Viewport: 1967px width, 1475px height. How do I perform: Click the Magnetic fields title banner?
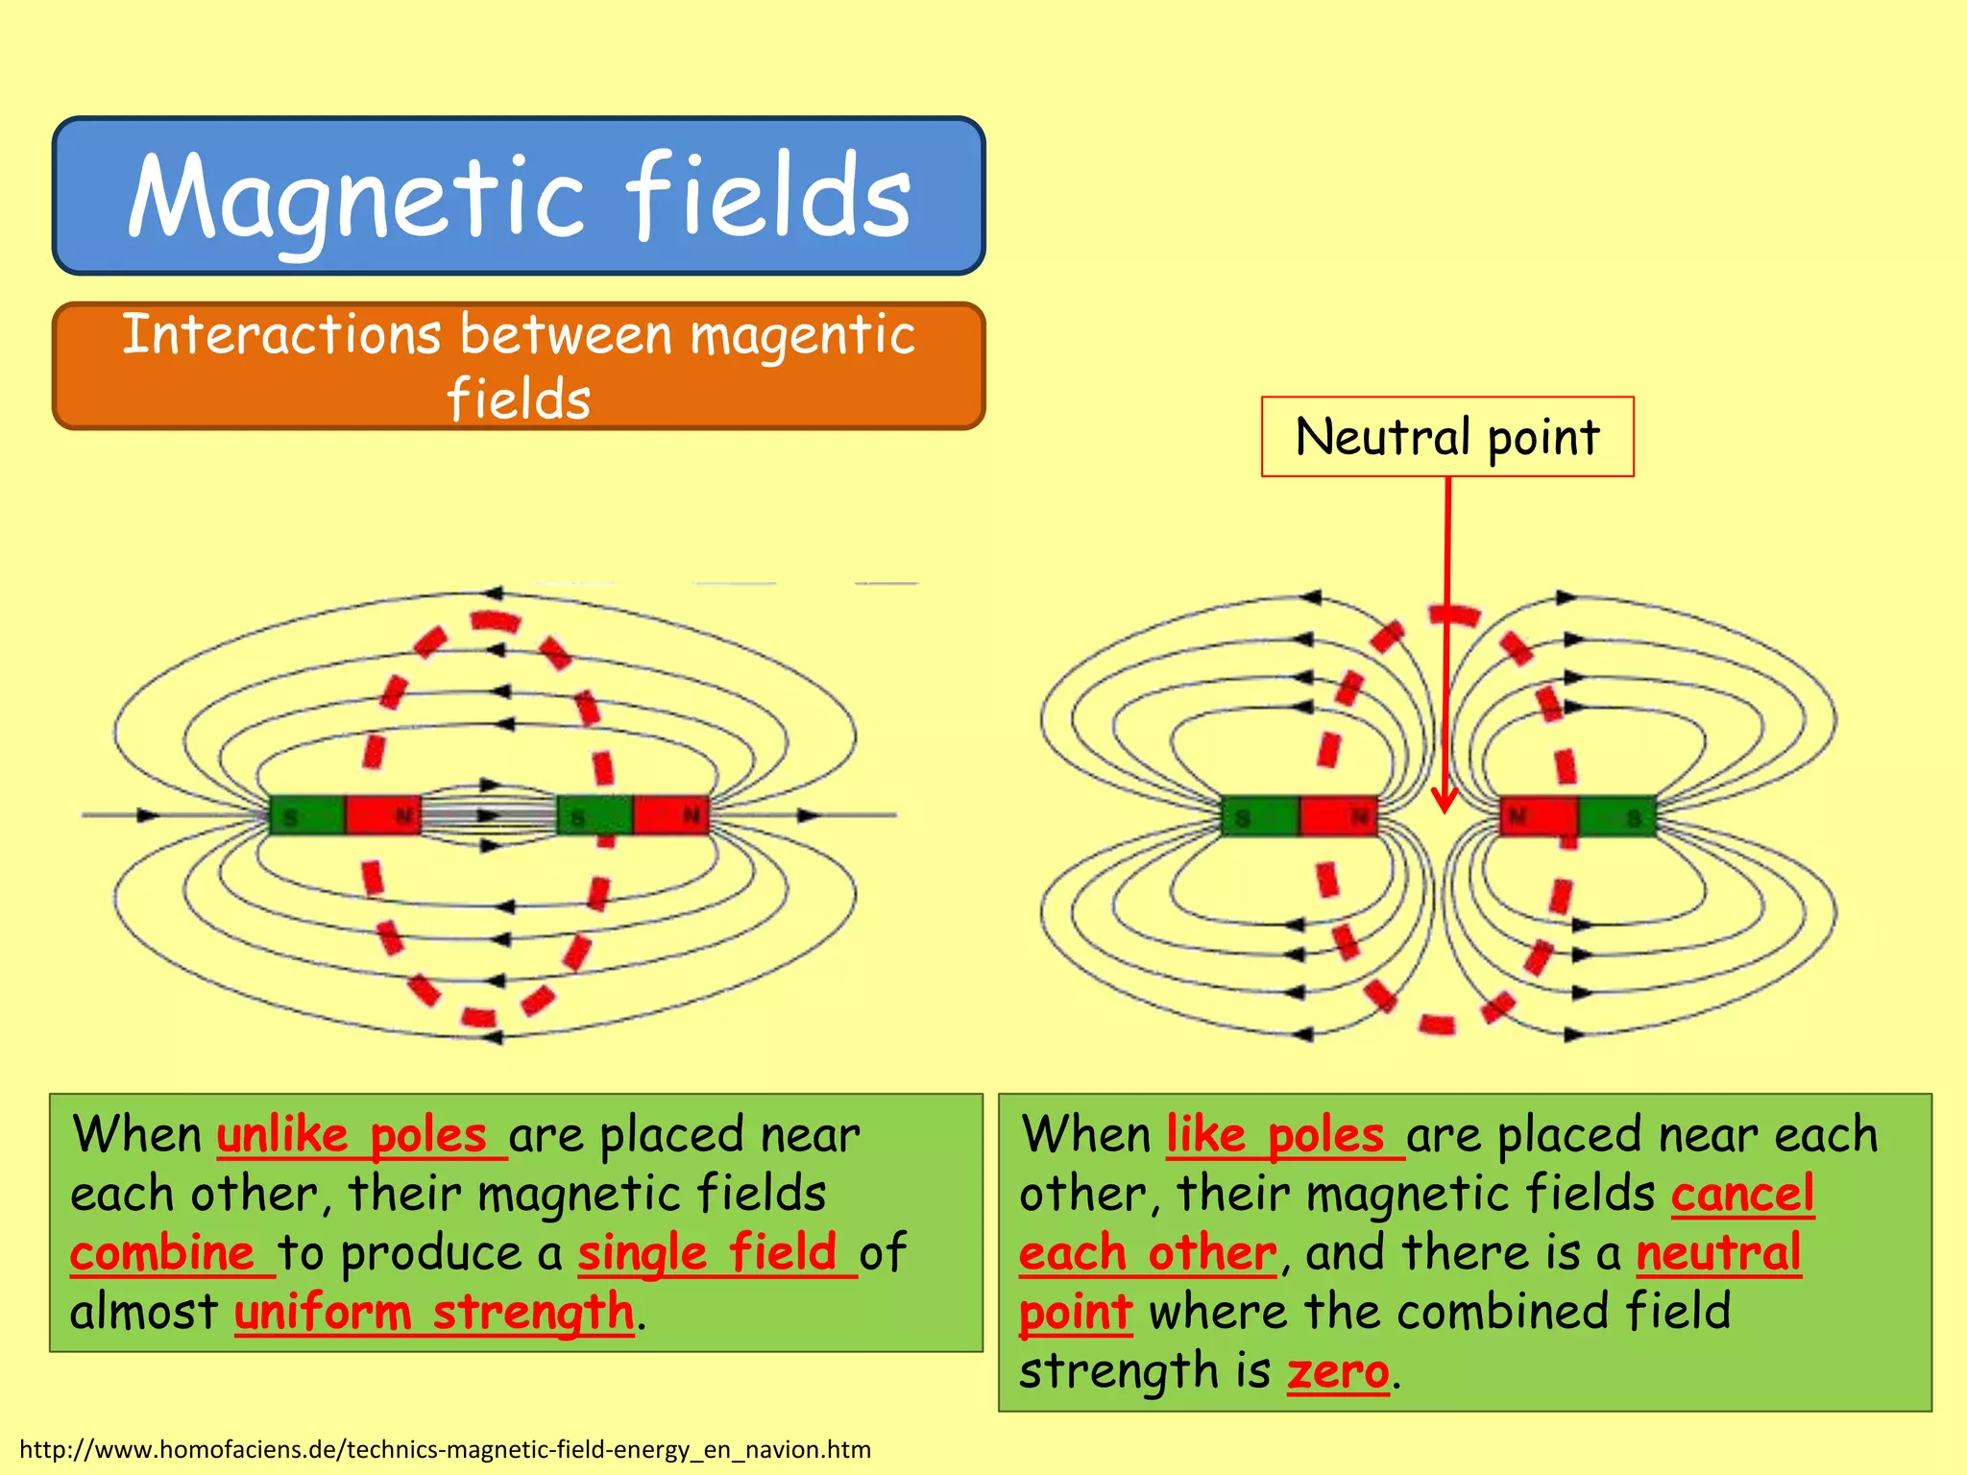(519, 196)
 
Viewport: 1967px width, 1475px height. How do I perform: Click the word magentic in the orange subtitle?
(802, 336)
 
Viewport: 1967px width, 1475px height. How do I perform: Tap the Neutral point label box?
(1447, 437)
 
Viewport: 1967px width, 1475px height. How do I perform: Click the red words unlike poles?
(352, 1135)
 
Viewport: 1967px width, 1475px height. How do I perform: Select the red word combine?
(162, 1253)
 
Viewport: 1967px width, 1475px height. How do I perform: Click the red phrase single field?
(708, 1253)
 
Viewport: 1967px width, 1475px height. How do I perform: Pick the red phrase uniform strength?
(434, 1313)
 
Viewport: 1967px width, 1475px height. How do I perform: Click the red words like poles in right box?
(1275, 1135)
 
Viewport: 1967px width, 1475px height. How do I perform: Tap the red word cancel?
(1742, 1194)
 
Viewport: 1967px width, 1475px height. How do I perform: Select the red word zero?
(1338, 1371)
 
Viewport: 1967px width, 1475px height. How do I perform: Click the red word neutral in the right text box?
(1718, 1253)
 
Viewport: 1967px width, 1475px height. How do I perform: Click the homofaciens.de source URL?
(445, 1449)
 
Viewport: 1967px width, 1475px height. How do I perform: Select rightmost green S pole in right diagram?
(1617, 817)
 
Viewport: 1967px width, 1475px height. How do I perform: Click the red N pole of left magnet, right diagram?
(1339, 817)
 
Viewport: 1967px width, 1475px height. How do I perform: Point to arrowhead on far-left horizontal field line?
(147, 815)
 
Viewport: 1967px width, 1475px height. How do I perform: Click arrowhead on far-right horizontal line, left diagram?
(810, 815)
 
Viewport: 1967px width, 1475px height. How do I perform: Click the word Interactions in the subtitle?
(281, 336)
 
